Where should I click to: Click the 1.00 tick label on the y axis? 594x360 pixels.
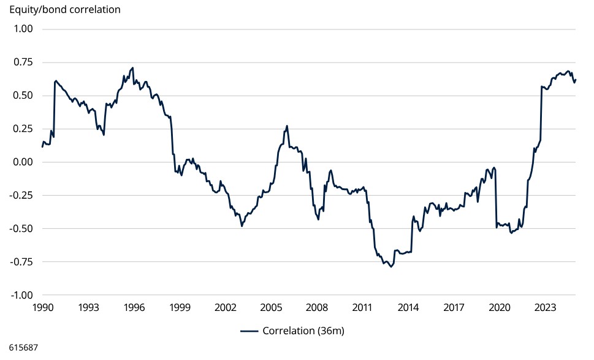pyautogui.click(x=22, y=29)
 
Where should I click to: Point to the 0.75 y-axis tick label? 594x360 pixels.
pyautogui.click(x=22, y=62)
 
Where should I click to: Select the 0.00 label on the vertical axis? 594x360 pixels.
pyautogui.click(x=22, y=162)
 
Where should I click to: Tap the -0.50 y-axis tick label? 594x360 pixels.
pyautogui.click(x=21, y=228)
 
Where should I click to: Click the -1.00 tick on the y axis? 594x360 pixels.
pyautogui.click(x=21, y=295)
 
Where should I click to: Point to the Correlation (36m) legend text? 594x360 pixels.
pyautogui.click(x=303, y=331)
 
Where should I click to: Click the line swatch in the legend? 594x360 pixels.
pyautogui.click(x=249, y=331)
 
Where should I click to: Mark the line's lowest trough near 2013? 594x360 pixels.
pyautogui.click(x=390, y=267)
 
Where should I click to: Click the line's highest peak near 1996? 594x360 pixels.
pyautogui.click(x=133, y=67)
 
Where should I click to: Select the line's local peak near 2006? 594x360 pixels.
pyautogui.click(x=287, y=126)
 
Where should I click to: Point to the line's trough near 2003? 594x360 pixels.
pyautogui.click(x=242, y=226)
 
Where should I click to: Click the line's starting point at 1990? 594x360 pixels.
pyautogui.click(x=42, y=147)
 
